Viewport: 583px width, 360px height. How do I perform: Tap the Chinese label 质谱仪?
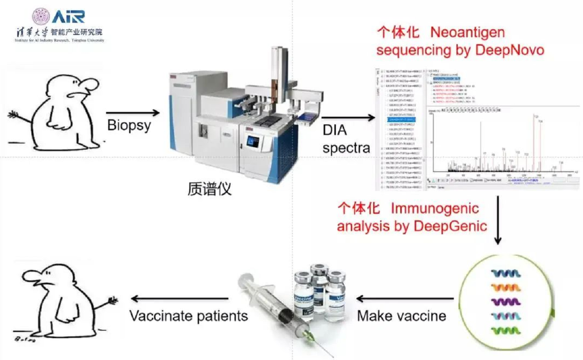pos(209,189)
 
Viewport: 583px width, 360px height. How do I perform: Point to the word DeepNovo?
pos(509,50)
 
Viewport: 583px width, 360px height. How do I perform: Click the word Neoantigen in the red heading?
pos(467,33)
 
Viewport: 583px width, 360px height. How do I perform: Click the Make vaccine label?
pos(402,316)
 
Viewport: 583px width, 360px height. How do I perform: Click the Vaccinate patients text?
pos(189,316)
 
